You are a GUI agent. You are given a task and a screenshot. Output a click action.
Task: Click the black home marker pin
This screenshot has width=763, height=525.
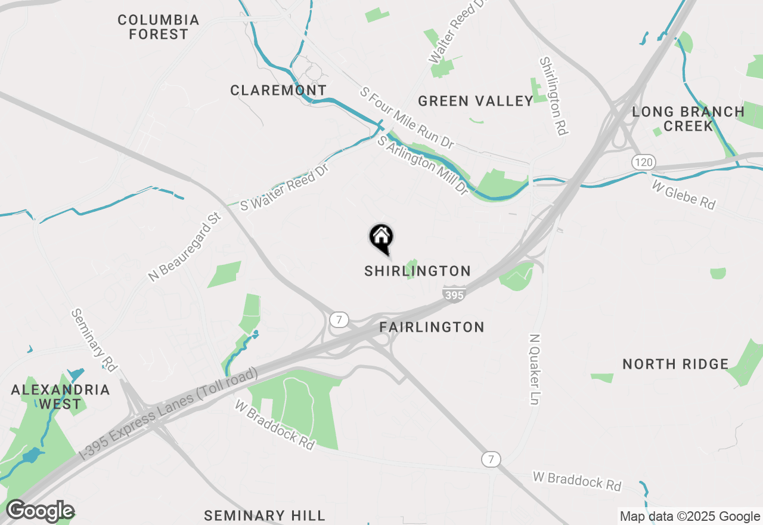(x=381, y=238)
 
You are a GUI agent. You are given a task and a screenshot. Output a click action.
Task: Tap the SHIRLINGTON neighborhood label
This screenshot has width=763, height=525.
(x=417, y=271)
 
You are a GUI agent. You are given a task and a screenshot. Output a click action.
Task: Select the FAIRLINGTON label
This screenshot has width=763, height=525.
(x=432, y=327)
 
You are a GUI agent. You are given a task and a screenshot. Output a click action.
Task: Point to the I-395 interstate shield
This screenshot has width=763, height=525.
(x=454, y=294)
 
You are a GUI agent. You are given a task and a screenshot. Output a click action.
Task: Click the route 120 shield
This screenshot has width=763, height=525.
(x=644, y=162)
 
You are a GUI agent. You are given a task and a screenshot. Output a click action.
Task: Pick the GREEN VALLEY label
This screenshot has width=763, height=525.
(x=475, y=101)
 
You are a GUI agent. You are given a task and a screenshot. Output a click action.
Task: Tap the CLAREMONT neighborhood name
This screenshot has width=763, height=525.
(x=278, y=91)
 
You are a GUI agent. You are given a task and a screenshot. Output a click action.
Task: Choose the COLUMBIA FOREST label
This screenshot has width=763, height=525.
(x=158, y=27)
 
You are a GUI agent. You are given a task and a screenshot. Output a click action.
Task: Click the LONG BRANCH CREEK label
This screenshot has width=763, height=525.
(x=688, y=119)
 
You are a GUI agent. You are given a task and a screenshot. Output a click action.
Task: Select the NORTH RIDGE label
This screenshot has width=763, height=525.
(x=675, y=364)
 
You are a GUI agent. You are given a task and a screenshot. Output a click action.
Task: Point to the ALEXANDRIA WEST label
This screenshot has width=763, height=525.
(x=60, y=397)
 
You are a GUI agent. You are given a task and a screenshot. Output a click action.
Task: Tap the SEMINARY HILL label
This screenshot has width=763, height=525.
(x=265, y=515)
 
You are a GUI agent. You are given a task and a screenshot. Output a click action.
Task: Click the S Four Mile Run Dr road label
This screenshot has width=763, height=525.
(x=407, y=118)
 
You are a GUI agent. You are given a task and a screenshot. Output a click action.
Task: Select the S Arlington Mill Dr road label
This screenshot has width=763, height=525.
(x=423, y=165)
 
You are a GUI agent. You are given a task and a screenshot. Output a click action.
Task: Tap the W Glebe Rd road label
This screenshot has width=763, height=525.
(x=683, y=195)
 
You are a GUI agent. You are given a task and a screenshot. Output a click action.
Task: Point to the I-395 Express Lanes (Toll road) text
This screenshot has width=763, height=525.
(x=169, y=412)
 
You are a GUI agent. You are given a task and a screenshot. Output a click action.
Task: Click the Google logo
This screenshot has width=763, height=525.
(x=40, y=511)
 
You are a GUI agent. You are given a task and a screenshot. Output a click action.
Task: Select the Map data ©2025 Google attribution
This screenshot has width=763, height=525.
(x=689, y=517)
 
